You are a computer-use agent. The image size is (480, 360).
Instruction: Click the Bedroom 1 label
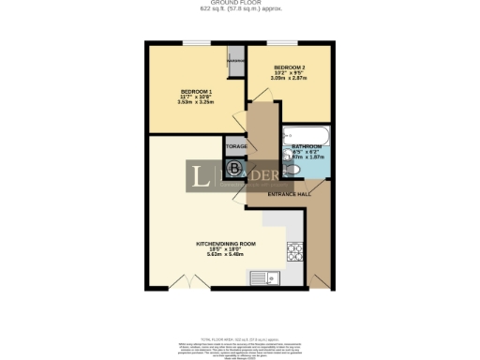195,90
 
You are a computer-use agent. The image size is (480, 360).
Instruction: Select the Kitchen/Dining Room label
238,243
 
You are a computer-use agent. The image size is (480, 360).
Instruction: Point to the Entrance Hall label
290,194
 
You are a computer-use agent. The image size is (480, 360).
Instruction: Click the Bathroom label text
307,147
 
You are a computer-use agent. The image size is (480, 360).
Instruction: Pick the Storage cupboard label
235,146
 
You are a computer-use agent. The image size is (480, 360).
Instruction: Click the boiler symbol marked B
234,169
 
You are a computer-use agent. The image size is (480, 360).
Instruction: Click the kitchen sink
262,277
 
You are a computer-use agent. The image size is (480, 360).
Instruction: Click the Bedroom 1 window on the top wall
195,42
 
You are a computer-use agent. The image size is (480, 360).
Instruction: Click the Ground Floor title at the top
240,4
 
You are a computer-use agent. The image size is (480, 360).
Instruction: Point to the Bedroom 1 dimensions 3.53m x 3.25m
195,101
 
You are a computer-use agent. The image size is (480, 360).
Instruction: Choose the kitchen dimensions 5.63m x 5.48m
238,254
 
